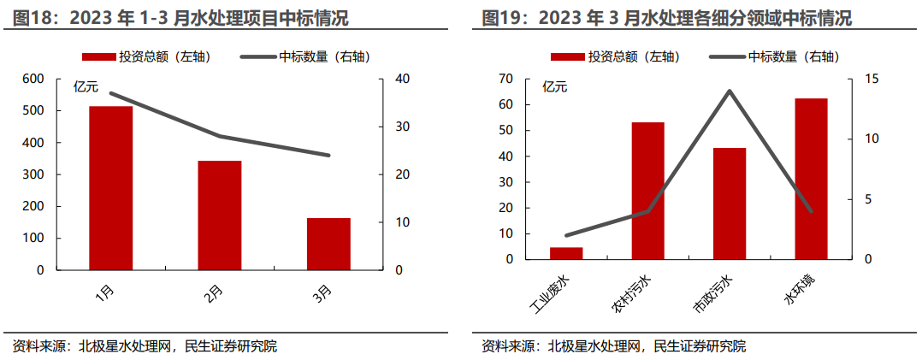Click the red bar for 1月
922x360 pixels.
click(x=111, y=188)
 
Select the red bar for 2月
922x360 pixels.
click(x=220, y=215)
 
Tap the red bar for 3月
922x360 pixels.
click(x=328, y=244)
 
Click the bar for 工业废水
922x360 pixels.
click(x=566, y=253)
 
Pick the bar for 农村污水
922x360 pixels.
click(x=647, y=191)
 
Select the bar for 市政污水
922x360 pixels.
click(x=730, y=204)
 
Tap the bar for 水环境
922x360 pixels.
click(x=811, y=179)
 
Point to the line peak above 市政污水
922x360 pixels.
click(x=730, y=91)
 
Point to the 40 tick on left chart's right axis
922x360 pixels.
click(x=401, y=80)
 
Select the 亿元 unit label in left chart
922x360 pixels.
click(x=86, y=86)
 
